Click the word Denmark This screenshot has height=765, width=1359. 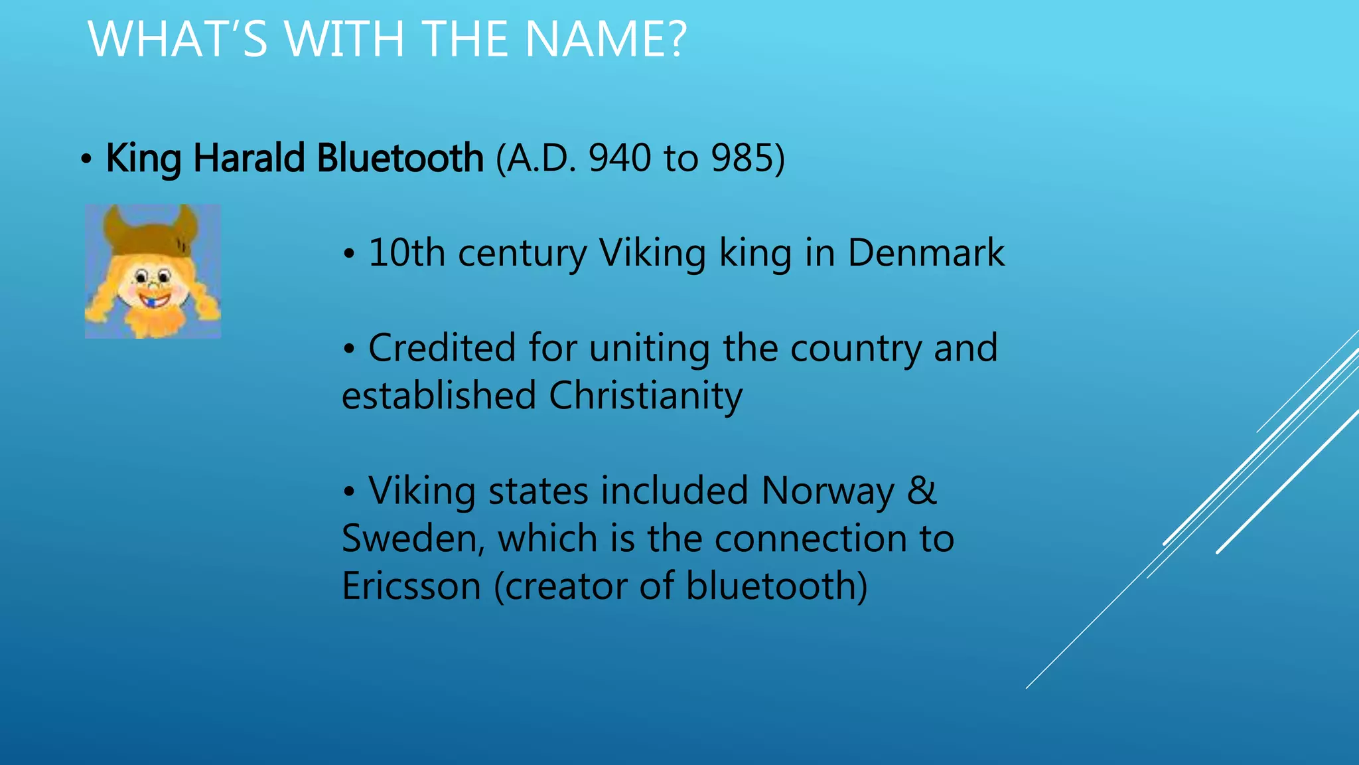926,253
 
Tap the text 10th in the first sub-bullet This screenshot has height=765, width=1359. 406,253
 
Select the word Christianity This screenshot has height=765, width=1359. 646,396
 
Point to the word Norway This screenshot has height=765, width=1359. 828,491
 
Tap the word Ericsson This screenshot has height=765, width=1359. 411,586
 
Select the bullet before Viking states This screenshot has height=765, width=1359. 350,493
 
